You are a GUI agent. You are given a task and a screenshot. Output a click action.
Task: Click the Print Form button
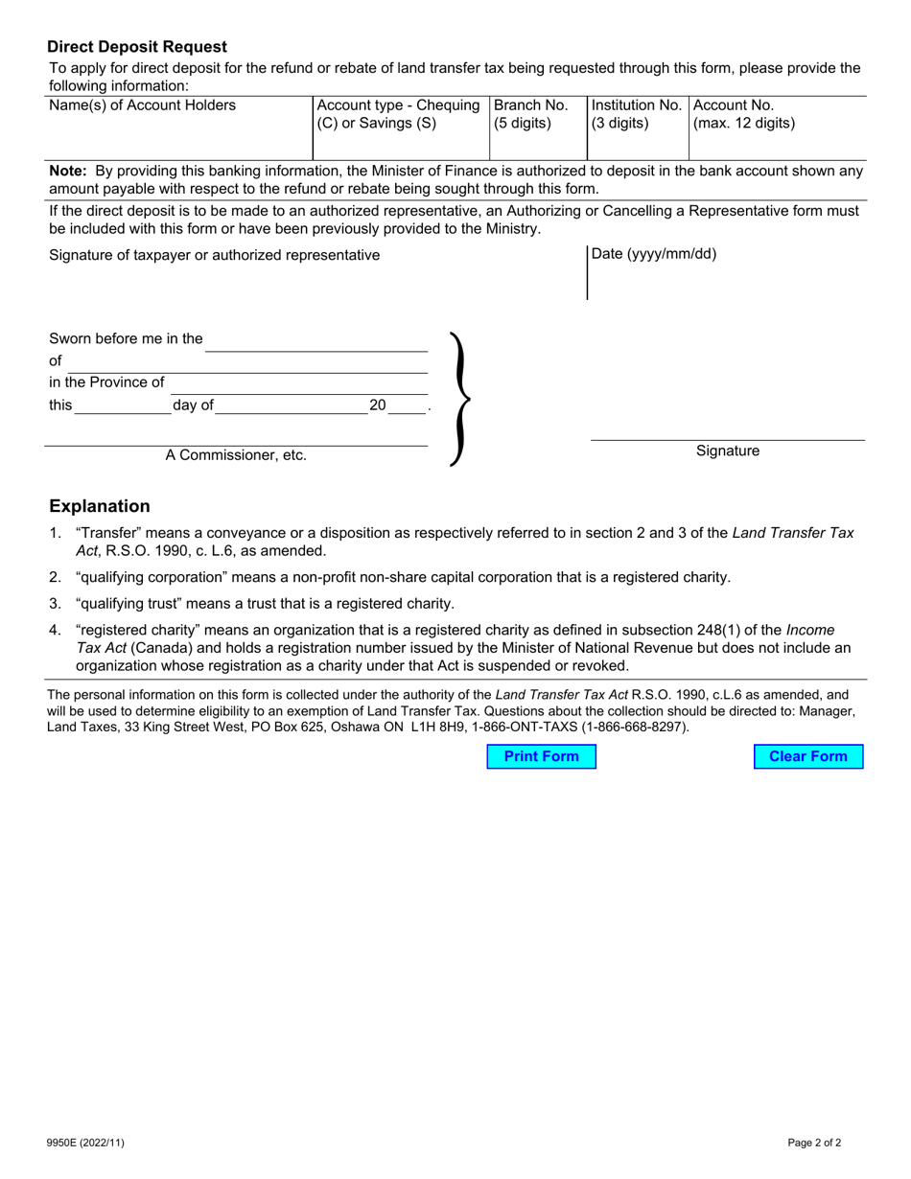click(541, 756)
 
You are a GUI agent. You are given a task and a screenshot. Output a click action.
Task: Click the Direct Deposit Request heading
click(137, 47)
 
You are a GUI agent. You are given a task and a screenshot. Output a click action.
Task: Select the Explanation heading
click(100, 506)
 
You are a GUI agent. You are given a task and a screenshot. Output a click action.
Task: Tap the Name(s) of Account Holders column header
click(142, 105)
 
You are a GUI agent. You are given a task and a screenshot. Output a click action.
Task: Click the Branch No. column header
click(531, 105)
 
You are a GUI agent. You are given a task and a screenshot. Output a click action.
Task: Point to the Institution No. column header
click(637, 105)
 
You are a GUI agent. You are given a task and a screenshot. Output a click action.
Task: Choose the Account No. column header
click(733, 105)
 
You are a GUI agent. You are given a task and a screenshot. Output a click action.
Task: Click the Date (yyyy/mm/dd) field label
click(654, 254)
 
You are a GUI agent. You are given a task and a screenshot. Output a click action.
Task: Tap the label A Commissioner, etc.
click(236, 455)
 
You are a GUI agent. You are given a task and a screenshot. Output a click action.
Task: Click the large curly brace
click(460, 398)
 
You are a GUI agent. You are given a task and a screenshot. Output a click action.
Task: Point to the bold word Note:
click(68, 171)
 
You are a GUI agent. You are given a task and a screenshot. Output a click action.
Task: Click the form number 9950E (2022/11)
click(85, 1143)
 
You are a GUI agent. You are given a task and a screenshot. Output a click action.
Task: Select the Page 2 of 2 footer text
click(814, 1143)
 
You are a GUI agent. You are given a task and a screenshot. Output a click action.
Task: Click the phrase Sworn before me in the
click(126, 338)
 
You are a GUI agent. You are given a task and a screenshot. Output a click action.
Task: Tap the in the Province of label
click(106, 382)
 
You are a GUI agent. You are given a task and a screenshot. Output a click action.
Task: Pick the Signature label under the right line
click(727, 451)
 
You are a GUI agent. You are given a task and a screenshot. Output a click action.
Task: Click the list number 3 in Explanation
click(55, 604)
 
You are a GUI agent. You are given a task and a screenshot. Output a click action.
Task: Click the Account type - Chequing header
click(398, 105)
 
